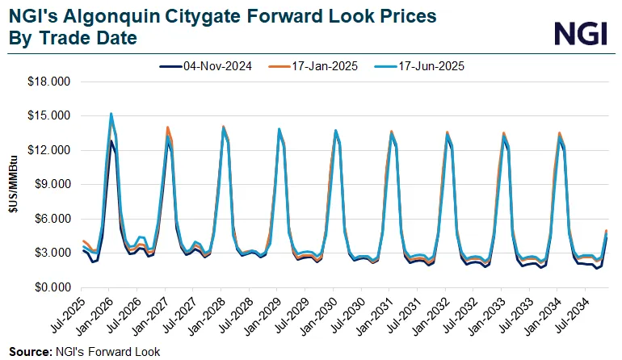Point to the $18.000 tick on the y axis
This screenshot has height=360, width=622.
tap(50, 82)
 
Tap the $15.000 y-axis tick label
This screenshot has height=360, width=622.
tap(50, 116)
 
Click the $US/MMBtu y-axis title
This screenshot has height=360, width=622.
tap(13, 185)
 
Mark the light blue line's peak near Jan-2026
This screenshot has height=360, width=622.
tap(111, 114)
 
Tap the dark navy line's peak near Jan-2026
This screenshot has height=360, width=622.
tap(111, 141)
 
